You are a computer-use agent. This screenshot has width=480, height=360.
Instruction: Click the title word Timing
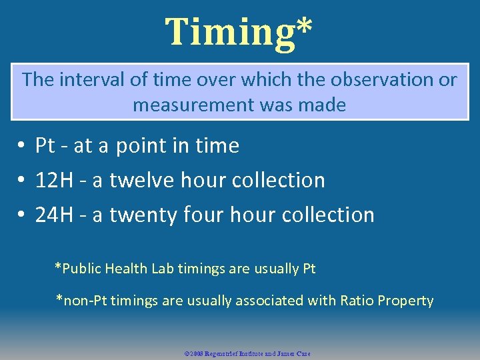[x=229, y=32]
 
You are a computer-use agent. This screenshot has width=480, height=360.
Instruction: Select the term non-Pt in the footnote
[x=83, y=301]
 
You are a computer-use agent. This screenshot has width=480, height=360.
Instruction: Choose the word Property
[x=405, y=301]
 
